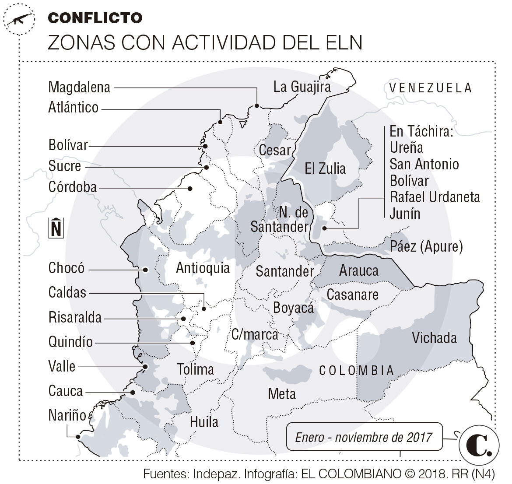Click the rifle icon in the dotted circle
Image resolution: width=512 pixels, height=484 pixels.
(x=18, y=19)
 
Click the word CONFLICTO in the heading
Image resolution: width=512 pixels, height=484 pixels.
(x=95, y=18)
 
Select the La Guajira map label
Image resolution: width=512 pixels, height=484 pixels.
(x=302, y=87)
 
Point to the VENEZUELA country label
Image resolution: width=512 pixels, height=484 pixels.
(x=431, y=88)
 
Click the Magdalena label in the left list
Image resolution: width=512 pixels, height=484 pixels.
(x=79, y=87)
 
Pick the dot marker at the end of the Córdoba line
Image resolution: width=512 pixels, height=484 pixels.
(x=190, y=189)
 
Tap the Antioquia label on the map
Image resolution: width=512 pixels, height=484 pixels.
(x=203, y=268)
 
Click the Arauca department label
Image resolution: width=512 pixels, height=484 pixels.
(x=358, y=270)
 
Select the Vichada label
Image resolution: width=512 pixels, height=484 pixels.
(x=434, y=338)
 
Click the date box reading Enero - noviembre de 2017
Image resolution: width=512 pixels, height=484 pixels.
(x=364, y=437)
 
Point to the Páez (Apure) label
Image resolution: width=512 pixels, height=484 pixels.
(x=426, y=246)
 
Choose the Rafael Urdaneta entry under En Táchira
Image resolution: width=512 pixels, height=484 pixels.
(x=435, y=197)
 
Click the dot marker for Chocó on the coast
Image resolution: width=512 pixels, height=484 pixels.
(x=146, y=270)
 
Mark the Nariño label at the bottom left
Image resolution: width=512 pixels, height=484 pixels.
(x=67, y=415)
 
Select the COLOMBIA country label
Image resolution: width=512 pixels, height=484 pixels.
(x=357, y=371)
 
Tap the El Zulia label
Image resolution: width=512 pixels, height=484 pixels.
(x=325, y=168)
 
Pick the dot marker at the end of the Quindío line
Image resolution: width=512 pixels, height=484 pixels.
(x=193, y=343)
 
